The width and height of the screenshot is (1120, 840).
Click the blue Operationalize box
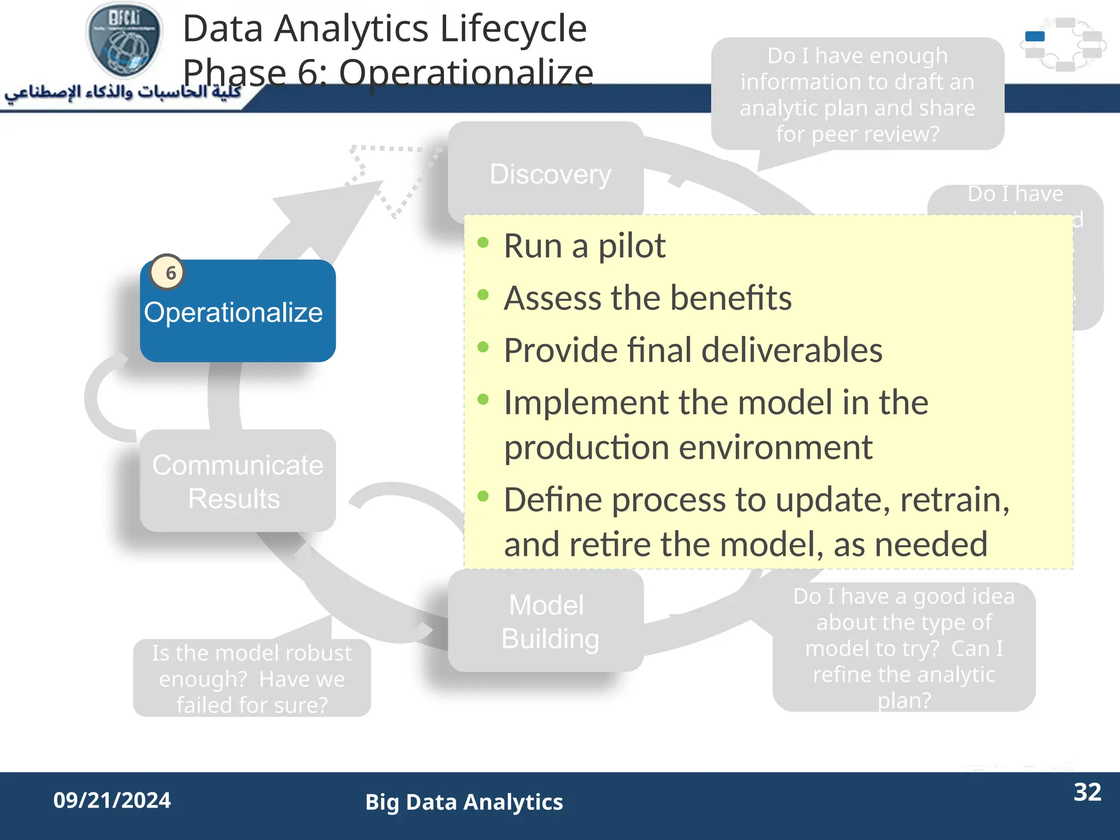(x=237, y=312)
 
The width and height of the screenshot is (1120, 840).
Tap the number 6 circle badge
(x=167, y=272)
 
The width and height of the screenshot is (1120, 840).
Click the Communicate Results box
(x=237, y=481)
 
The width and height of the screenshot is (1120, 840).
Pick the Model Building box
(x=547, y=621)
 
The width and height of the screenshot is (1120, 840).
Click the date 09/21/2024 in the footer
(x=112, y=800)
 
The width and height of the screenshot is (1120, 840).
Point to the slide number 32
(x=1087, y=792)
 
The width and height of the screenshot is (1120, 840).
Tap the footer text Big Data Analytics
(x=464, y=802)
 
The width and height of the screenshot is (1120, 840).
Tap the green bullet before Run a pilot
(x=483, y=242)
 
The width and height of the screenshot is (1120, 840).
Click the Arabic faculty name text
(x=123, y=92)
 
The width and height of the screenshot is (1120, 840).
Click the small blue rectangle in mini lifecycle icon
(x=1035, y=37)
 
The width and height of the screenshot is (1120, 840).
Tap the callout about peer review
(x=857, y=94)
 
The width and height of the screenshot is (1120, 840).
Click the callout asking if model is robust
(x=252, y=678)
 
